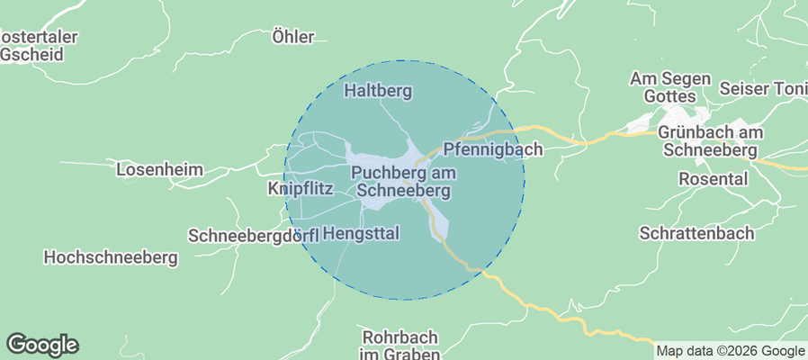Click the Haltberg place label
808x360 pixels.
point(378,91)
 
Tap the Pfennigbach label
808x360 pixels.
point(493,150)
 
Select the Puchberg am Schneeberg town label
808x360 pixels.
point(404,182)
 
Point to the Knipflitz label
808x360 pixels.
point(301,189)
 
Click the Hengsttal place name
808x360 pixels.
point(360,233)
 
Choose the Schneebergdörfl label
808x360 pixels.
point(254,236)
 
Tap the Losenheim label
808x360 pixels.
point(160,169)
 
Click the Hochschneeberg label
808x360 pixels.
point(111,257)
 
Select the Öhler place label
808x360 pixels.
point(292,37)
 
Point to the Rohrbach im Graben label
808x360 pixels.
point(400,345)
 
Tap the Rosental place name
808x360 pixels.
point(714,179)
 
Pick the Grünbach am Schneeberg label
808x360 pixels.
point(710,141)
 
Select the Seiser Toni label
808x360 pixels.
point(763,88)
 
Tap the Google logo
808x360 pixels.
point(42,344)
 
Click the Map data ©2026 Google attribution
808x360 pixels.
point(730,351)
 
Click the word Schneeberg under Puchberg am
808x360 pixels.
point(404,191)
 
